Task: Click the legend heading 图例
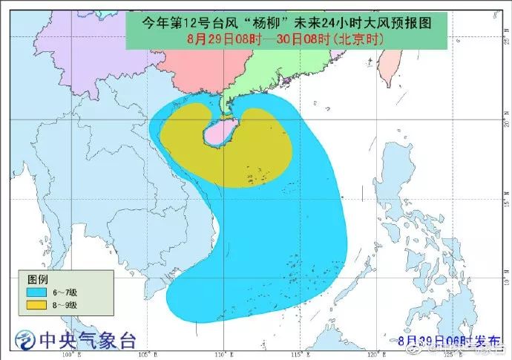point(37,279)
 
